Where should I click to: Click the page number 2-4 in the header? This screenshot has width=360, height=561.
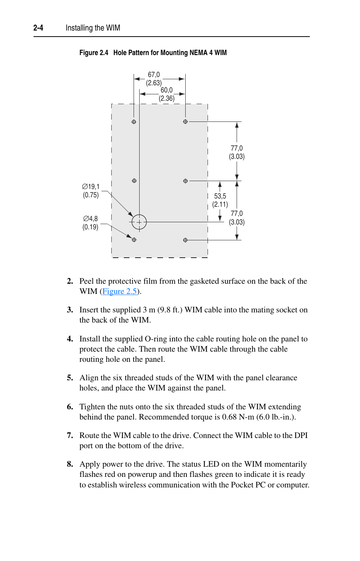tap(38, 28)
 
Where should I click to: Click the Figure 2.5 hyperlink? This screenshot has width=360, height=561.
tap(119, 291)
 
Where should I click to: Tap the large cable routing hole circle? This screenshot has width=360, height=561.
tap(139, 222)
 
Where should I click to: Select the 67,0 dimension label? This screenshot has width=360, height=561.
tap(154, 75)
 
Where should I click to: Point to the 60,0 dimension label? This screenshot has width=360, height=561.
tap(166, 90)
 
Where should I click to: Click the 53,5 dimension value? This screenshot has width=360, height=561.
tap(220, 196)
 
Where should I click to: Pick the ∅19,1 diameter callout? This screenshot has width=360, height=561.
tap(91, 187)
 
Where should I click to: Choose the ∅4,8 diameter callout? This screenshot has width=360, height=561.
tap(91, 219)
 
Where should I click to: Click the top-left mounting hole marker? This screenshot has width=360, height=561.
tap(134, 122)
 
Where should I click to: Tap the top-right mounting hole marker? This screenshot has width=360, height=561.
tap(185, 122)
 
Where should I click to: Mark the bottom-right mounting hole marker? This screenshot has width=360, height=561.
tap(185, 240)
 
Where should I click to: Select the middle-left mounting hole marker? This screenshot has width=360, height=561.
tap(134, 181)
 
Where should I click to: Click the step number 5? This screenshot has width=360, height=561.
tap(70, 378)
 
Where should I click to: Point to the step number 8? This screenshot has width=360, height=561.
tap(70, 464)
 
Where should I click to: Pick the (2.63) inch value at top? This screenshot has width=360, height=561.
tap(154, 83)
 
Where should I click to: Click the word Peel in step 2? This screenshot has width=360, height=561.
tap(86, 281)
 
